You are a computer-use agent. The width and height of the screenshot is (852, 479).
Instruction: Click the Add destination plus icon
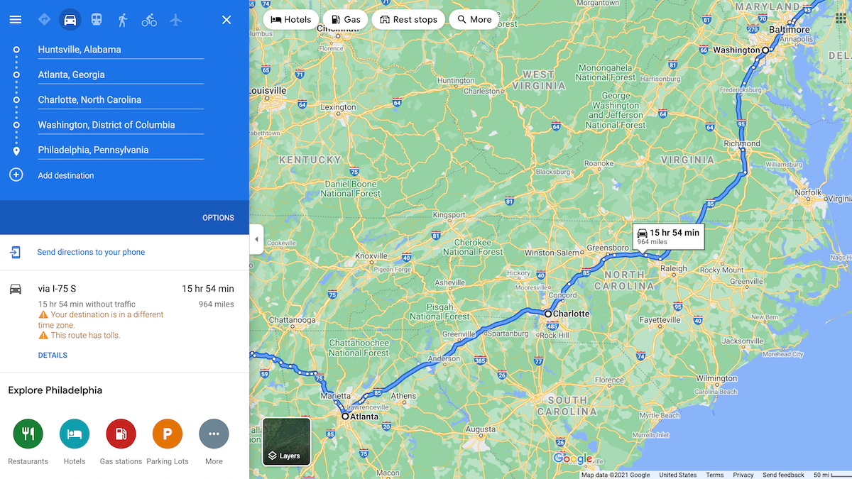tap(16, 175)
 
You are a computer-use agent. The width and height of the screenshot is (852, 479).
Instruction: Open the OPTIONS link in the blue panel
tap(218, 218)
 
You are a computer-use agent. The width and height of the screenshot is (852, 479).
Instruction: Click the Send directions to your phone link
tap(91, 252)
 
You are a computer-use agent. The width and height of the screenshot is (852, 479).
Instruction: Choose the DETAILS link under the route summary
tap(53, 356)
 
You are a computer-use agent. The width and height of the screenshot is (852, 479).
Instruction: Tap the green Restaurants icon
tap(28, 434)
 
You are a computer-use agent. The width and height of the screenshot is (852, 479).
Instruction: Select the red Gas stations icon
tap(121, 434)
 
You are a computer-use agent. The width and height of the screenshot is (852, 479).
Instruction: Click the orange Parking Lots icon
tap(168, 434)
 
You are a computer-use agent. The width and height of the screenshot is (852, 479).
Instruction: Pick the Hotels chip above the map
tap(291, 20)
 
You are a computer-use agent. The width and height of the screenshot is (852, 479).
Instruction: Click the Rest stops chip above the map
tap(408, 20)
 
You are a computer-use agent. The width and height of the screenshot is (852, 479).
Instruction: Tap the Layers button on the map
tap(286, 441)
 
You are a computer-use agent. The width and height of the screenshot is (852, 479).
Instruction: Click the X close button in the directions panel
tap(226, 20)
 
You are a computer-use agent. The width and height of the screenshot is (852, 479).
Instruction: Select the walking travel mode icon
tap(123, 20)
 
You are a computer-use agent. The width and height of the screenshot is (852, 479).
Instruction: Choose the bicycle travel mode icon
tap(149, 20)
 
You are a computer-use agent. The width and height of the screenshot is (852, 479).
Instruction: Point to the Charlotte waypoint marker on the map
tap(548, 313)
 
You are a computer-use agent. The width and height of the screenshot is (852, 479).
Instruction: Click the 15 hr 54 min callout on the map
tap(668, 236)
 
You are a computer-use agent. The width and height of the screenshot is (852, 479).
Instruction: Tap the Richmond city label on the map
tap(742, 143)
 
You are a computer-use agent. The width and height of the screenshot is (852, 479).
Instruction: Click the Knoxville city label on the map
tap(371, 256)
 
